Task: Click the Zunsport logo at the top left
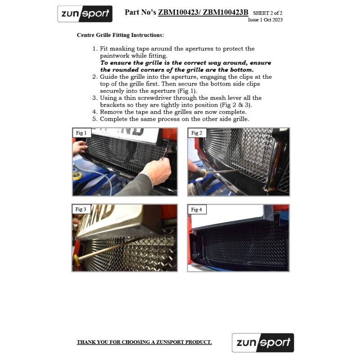pos(85,14)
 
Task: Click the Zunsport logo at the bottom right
pos(263,342)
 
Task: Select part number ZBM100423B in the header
pos(225,13)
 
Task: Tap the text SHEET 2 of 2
pos(267,13)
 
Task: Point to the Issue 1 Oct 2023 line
pos(265,20)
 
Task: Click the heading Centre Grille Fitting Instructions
pos(120,35)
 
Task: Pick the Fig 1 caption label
pos(81,133)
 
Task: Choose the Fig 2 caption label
pos(197,133)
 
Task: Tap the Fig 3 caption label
pos(81,209)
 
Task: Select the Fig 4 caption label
pos(197,209)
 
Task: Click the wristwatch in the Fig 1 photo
pos(148,176)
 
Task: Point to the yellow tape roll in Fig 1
pos(77,176)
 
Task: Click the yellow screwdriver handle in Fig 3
pos(77,260)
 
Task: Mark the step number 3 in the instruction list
pos(95,98)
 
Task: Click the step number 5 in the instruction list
pos(95,119)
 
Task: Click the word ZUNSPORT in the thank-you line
pos(170,342)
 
